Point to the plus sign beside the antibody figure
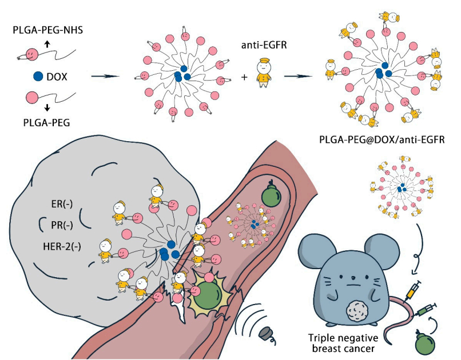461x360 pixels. click(244, 77)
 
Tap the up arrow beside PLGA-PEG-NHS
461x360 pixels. click(46, 43)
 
